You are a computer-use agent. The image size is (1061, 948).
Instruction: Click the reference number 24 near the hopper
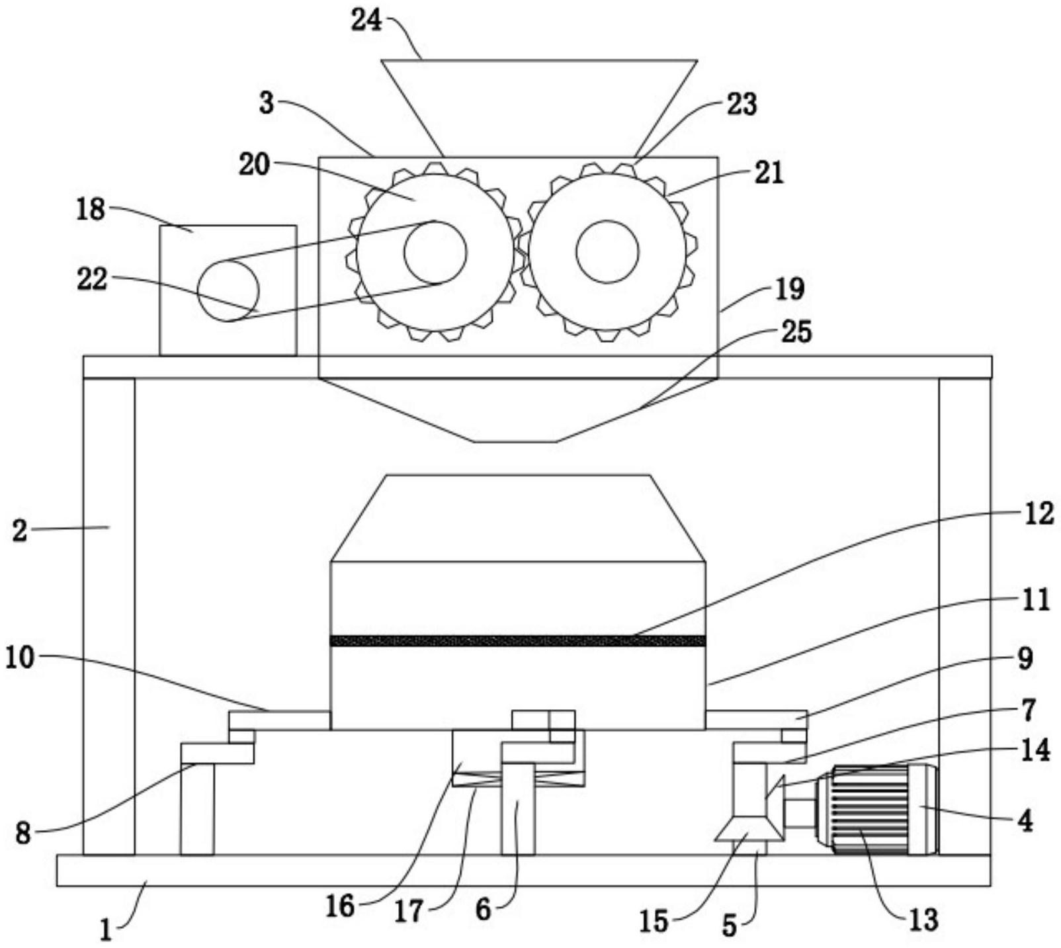click(366, 21)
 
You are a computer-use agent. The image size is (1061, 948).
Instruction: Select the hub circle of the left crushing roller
click(435, 252)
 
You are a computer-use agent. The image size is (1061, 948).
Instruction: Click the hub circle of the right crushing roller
click(607, 252)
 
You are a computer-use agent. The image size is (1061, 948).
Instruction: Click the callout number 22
click(93, 279)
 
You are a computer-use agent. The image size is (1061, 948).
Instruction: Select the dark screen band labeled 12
click(518, 640)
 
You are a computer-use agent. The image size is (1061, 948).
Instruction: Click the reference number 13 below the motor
click(923, 919)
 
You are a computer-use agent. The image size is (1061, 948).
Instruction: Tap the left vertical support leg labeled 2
click(108, 616)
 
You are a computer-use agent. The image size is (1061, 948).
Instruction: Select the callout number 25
click(796, 331)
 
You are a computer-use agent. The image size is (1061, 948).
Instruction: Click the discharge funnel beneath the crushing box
click(518, 410)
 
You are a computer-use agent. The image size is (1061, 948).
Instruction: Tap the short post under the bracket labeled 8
click(197, 809)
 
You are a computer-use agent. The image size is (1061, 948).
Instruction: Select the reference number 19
click(790, 288)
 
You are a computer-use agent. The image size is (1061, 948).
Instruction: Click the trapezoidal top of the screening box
click(518, 518)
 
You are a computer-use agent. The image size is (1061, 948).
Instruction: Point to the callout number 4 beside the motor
click(1025, 821)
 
